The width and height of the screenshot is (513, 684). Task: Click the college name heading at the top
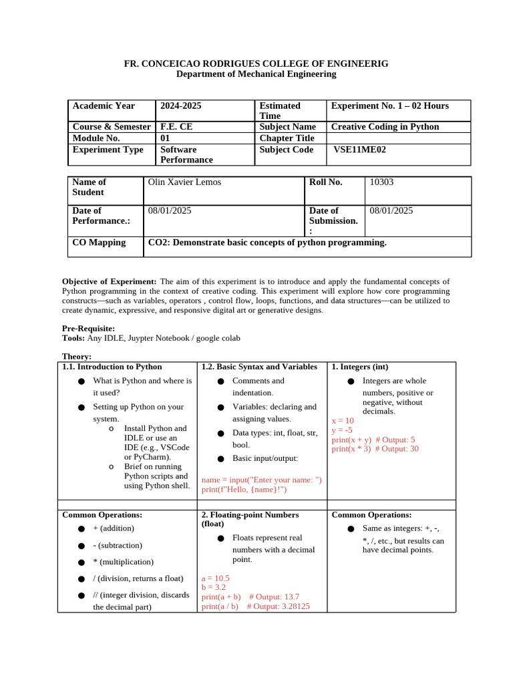click(x=256, y=63)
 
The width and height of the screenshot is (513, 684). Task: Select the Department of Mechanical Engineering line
click(x=256, y=74)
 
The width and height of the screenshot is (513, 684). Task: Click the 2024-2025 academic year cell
click(x=180, y=106)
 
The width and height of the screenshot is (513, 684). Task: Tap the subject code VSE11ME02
click(x=359, y=150)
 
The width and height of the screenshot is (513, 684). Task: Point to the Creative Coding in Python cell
click(x=385, y=127)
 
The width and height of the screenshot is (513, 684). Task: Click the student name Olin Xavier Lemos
click(x=184, y=182)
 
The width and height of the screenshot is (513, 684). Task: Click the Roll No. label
click(x=325, y=182)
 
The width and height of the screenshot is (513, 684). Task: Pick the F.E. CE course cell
click(x=175, y=127)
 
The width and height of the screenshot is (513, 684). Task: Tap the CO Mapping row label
click(x=99, y=242)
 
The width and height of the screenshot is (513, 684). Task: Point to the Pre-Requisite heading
click(x=88, y=329)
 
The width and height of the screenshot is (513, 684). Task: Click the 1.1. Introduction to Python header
click(x=112, y=367)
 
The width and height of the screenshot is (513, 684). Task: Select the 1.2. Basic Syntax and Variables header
click(x=259, y=367)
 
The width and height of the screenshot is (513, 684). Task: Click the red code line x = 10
click(x=343, y=421)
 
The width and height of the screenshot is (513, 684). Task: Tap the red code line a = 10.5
click(x=215, y=578)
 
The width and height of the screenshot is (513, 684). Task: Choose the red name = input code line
click(x=261, y=480)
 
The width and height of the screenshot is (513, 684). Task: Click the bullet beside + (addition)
click(x=81, y=529)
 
